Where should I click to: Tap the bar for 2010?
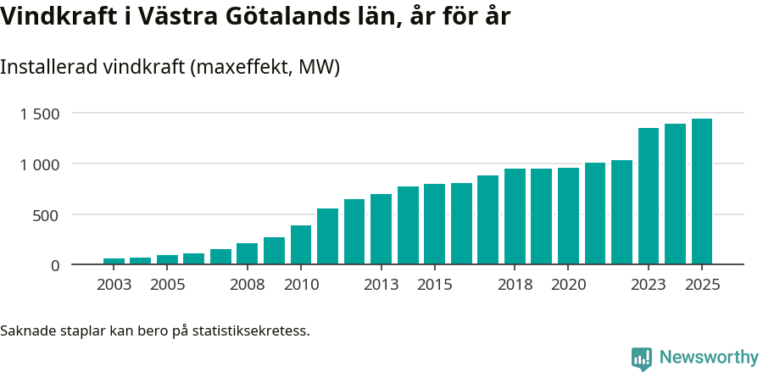point(301,245)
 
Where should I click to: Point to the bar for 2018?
point(515,216)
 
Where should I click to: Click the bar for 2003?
point(114,261)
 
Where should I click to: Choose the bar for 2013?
point(381,229)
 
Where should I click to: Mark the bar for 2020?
point(568,216)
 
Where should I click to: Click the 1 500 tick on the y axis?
point(40,114)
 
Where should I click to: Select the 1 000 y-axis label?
point(40,164)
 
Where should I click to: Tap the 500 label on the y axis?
point(47,215)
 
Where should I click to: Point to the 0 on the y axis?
point(55,265)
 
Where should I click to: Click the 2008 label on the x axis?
point(248,285)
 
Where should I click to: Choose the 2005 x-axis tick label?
point(167,285)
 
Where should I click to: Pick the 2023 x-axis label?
point(649,285)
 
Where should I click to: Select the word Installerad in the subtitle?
point(46,67)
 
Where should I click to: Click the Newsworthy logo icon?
point(642,358)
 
